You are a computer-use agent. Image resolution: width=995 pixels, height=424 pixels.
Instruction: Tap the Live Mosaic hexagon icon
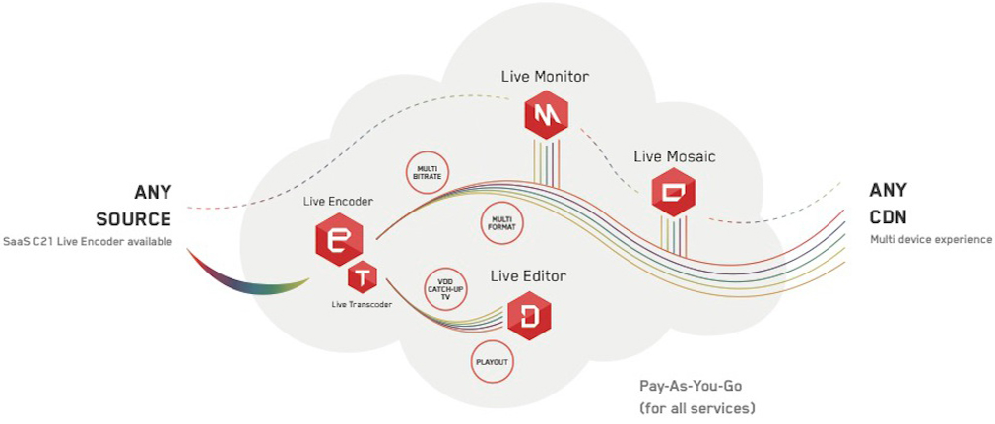coord(675,193)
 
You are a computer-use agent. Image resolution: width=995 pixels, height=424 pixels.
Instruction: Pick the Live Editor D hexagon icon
coord(528,316)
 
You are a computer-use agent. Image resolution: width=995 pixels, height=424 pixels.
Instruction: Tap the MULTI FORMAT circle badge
coord(500,223)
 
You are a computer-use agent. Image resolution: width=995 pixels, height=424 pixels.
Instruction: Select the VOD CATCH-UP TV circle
coord(445,289)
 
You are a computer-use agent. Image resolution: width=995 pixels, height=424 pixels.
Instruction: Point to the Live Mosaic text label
coord(675,155)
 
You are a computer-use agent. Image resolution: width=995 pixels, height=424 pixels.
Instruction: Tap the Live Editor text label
coord(528,276)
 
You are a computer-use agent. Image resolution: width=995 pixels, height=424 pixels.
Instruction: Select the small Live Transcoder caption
coord(363,305)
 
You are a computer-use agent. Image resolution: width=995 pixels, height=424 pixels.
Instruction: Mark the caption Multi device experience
coord(931,239)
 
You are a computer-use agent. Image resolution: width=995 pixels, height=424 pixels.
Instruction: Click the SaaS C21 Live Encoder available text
coord(87,241)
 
